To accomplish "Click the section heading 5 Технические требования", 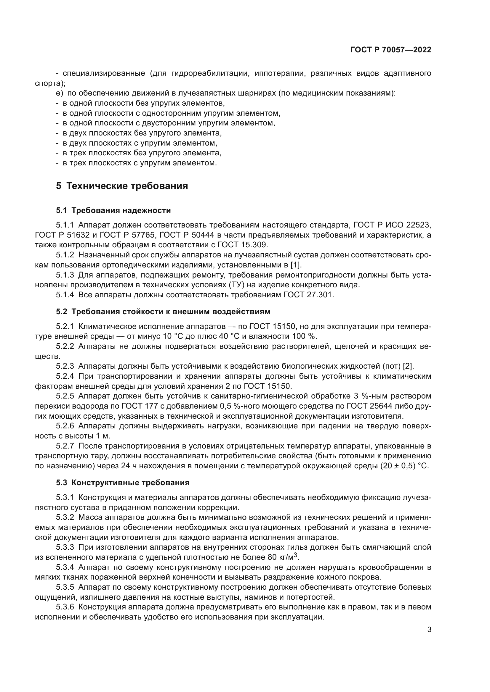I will tap(122, 186).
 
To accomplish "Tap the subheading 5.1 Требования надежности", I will tap(113, 210).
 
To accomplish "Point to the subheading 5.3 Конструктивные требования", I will tap(123, 483).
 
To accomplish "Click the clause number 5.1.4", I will tap(65, 295).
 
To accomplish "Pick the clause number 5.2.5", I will tap(65, 396).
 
